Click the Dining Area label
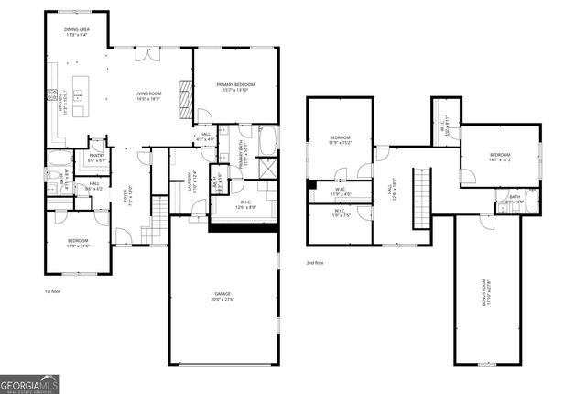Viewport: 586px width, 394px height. [x=76, y=33]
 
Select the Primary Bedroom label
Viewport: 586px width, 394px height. [x=234, y=87]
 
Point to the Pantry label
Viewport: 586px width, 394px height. [x=96, y=158]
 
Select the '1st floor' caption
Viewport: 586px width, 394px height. [x=52, y=290]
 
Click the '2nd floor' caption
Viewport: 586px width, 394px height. [x=316, y=263]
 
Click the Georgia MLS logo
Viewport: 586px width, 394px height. [x=30, y=382]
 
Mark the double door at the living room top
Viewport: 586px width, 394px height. [x=146, y=55]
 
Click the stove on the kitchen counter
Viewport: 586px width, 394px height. [x=56, y=95]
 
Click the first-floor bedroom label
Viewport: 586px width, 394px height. [x=77, y=243]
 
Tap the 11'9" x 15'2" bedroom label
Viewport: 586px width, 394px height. [x=340, y=140]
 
